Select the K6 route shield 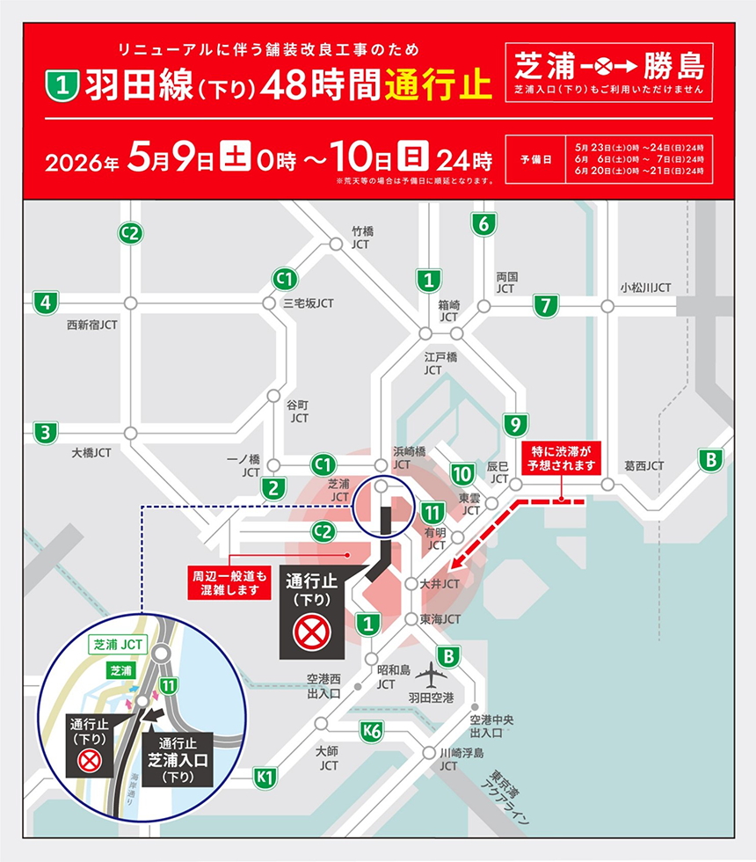tap(373, 728)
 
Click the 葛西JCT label tap(644, 465)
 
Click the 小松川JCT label tap(645, 288)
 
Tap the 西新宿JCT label tap(92, 325)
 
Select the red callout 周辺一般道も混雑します tap(229, 584)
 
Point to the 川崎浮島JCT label tap(462, 759)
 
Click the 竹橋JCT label tap(361, 237)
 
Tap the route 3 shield tap(44, 433)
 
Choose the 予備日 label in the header tap(535, 160)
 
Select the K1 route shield tap(265, 776)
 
